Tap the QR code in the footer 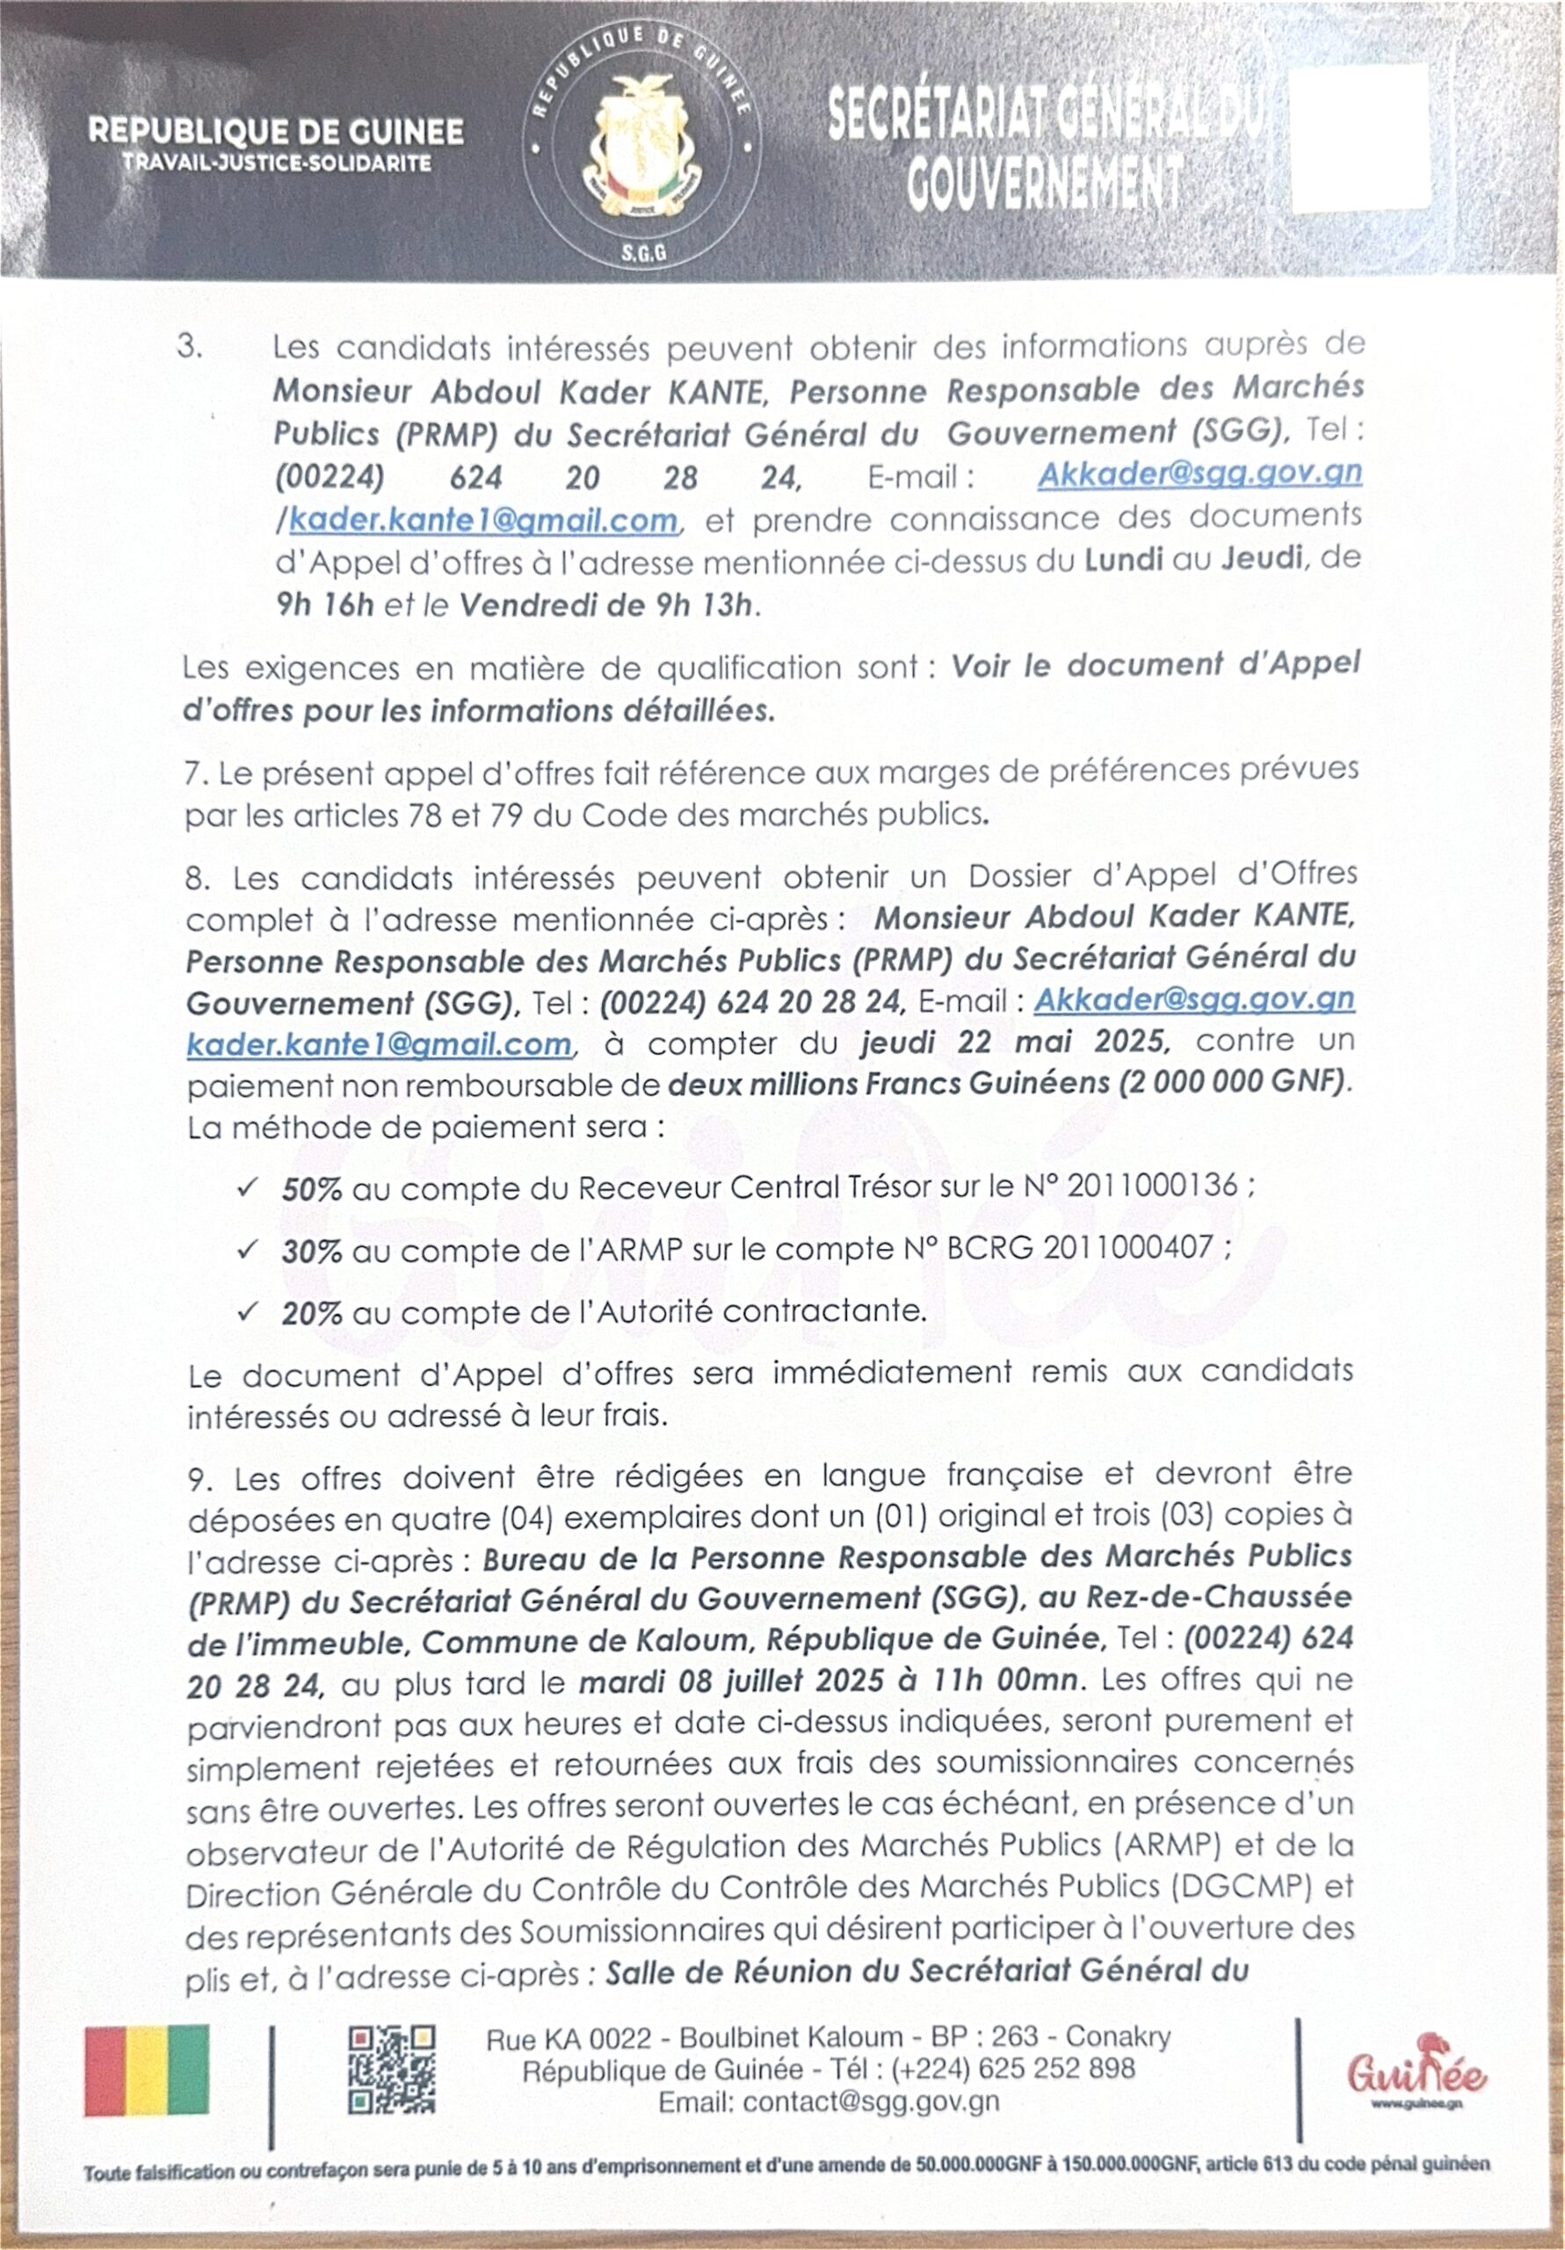coord(392,2069)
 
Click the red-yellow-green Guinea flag coord(147,2068)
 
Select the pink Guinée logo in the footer coord(1415,2072)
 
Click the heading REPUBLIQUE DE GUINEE coord(275,131)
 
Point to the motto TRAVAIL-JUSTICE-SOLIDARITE coord(276,163)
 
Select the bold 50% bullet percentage coord(312,1188)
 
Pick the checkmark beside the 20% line coord(247,1310)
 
